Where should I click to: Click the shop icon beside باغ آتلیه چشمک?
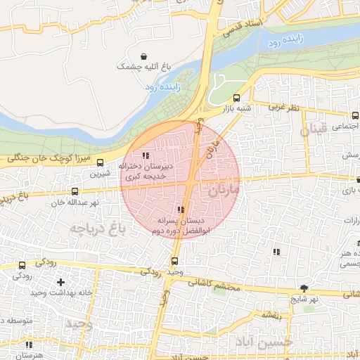144,56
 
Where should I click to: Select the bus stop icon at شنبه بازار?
236,98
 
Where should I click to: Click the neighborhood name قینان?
313,130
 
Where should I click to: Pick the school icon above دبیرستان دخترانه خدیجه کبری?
146,155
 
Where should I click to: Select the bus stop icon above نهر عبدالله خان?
75,191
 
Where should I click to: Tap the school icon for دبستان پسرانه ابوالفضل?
181,210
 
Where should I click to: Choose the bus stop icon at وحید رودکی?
174,261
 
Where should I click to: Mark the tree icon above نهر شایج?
304,288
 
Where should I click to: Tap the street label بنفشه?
272,314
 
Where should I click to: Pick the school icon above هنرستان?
29,345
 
